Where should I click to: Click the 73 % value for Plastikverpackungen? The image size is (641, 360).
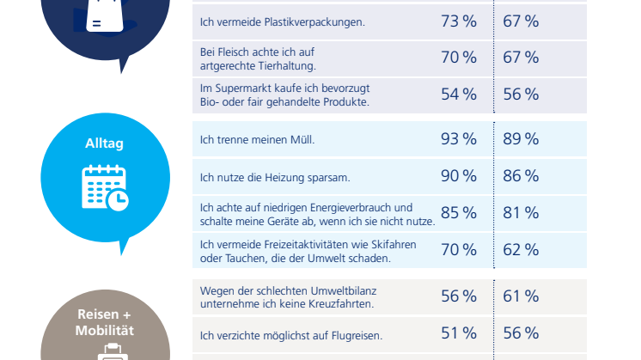tap(458, 21)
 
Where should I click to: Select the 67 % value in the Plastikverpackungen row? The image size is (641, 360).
tap(521, 21)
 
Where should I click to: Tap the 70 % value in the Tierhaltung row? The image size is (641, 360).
tap(458, 58)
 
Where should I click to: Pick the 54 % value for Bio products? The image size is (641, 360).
tap(458, 95)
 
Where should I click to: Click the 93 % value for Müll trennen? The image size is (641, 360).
tap(458, 138)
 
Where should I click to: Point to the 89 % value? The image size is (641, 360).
tap(521, 138)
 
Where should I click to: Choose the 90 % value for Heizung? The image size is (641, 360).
tap(458, 176)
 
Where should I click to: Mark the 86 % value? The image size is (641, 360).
tap(521, 176)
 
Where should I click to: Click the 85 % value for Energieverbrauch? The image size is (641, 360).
tap(458, 213)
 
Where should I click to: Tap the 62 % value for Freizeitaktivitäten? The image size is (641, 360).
tap(521, 251)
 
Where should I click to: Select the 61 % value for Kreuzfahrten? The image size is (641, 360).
tap(521, 296)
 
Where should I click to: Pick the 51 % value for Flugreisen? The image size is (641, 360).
tap(458, 333)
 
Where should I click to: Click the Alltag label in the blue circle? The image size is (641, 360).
tap(104, 143)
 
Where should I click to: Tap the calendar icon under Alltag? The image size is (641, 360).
tap(105, 187)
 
